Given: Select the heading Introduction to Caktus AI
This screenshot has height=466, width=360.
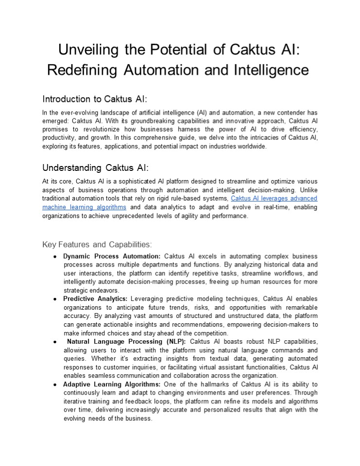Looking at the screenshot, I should point(95,99).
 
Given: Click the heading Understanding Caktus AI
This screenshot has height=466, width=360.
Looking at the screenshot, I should point(95,168).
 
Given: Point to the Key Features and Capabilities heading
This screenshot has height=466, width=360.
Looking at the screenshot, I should point(97,244).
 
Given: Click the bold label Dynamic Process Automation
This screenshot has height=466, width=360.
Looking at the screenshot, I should point(112,256).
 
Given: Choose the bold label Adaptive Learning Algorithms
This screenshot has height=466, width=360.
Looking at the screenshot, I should point(112,384).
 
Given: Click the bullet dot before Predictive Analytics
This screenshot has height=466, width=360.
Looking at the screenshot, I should point(56,299).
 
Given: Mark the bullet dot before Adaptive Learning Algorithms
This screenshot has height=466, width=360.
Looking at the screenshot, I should point(56,384).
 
